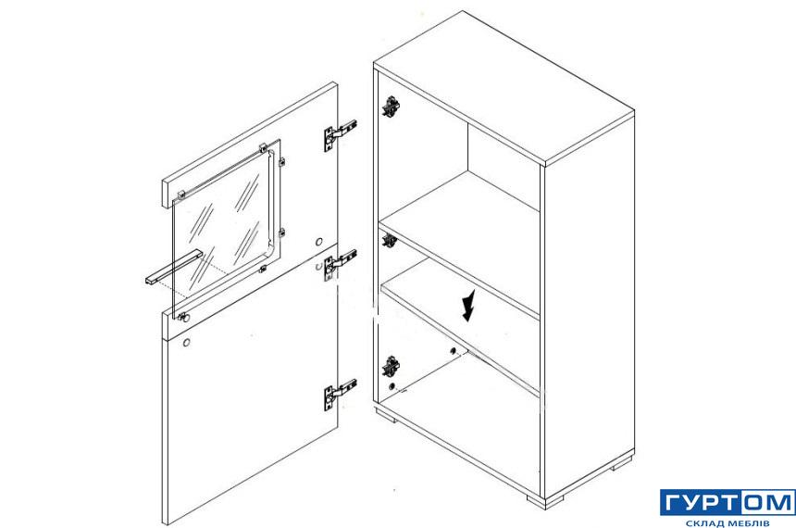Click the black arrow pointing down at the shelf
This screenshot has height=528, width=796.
point(469,307)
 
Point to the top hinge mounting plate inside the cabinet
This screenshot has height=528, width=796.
point(391,107)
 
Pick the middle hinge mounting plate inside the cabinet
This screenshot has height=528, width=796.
point(390,241)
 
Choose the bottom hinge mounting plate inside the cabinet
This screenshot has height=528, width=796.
point(391,367)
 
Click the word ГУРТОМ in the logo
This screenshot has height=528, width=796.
point(728,503)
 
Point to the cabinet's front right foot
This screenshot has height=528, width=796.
point(537,500)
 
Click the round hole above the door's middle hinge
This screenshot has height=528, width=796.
point(319,242)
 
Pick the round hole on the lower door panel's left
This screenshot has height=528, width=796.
point(186,342)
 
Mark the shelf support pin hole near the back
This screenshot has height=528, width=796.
point(453,350)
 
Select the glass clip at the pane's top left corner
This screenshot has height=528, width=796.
point(180,195)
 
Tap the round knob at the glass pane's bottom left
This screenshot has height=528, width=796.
point(184,318)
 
